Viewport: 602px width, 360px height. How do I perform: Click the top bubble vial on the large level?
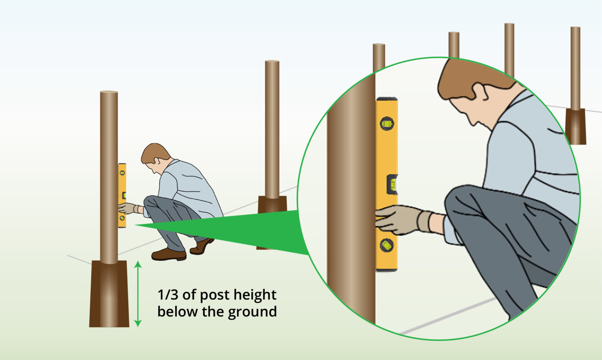[387, 123]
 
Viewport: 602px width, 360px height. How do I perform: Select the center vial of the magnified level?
[392, 184]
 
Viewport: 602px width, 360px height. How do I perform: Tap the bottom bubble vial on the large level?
[386, 245]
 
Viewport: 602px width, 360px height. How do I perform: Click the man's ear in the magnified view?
[479, 92]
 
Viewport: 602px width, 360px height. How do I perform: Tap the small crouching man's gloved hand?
[126, 208]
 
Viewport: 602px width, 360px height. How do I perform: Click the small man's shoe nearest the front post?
[169, 255]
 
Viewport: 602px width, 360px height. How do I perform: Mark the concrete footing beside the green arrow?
[109, 294]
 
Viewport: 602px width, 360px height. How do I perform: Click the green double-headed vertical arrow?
[138, 294]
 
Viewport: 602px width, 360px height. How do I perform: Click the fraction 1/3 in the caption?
[168, 295]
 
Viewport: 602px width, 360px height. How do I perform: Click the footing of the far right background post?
[575, 126]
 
